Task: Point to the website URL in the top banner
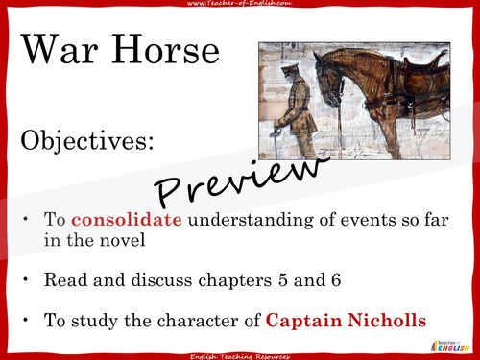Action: (x=240, y=7)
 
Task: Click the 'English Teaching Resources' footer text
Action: (x=240, y=353)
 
